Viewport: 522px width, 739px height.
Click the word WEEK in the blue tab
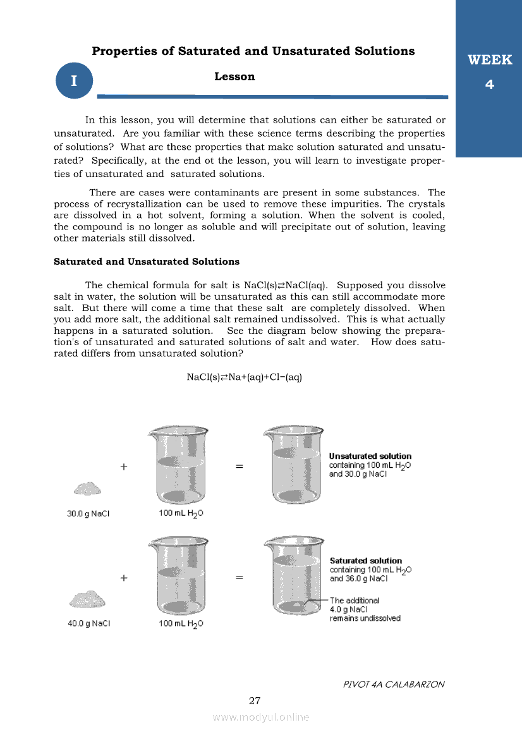(489, 61)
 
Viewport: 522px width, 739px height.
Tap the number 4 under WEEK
(489, 84)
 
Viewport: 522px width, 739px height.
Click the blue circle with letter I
(74, 81)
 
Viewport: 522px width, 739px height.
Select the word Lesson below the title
(234, 76)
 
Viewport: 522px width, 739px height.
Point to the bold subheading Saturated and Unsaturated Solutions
(147, 261)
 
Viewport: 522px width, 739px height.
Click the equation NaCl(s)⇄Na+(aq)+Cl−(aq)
(245, 377)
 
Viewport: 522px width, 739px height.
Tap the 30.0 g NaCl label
(88, 514)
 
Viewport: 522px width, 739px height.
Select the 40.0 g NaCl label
(88, 623)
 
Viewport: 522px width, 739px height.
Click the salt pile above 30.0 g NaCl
(87, 488)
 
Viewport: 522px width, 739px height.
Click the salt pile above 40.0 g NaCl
(88, 598)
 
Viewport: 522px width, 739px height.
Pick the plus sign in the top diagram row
(124, 467)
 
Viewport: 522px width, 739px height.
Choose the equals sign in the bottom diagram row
(240, 577)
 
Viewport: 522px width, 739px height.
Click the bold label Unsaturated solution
(370, 456)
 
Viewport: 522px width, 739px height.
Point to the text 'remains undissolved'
(365, 618)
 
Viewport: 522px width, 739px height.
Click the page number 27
(255, 700)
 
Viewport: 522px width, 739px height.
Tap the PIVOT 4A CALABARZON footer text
(394, 685)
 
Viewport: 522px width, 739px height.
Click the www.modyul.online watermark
(261, 717)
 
